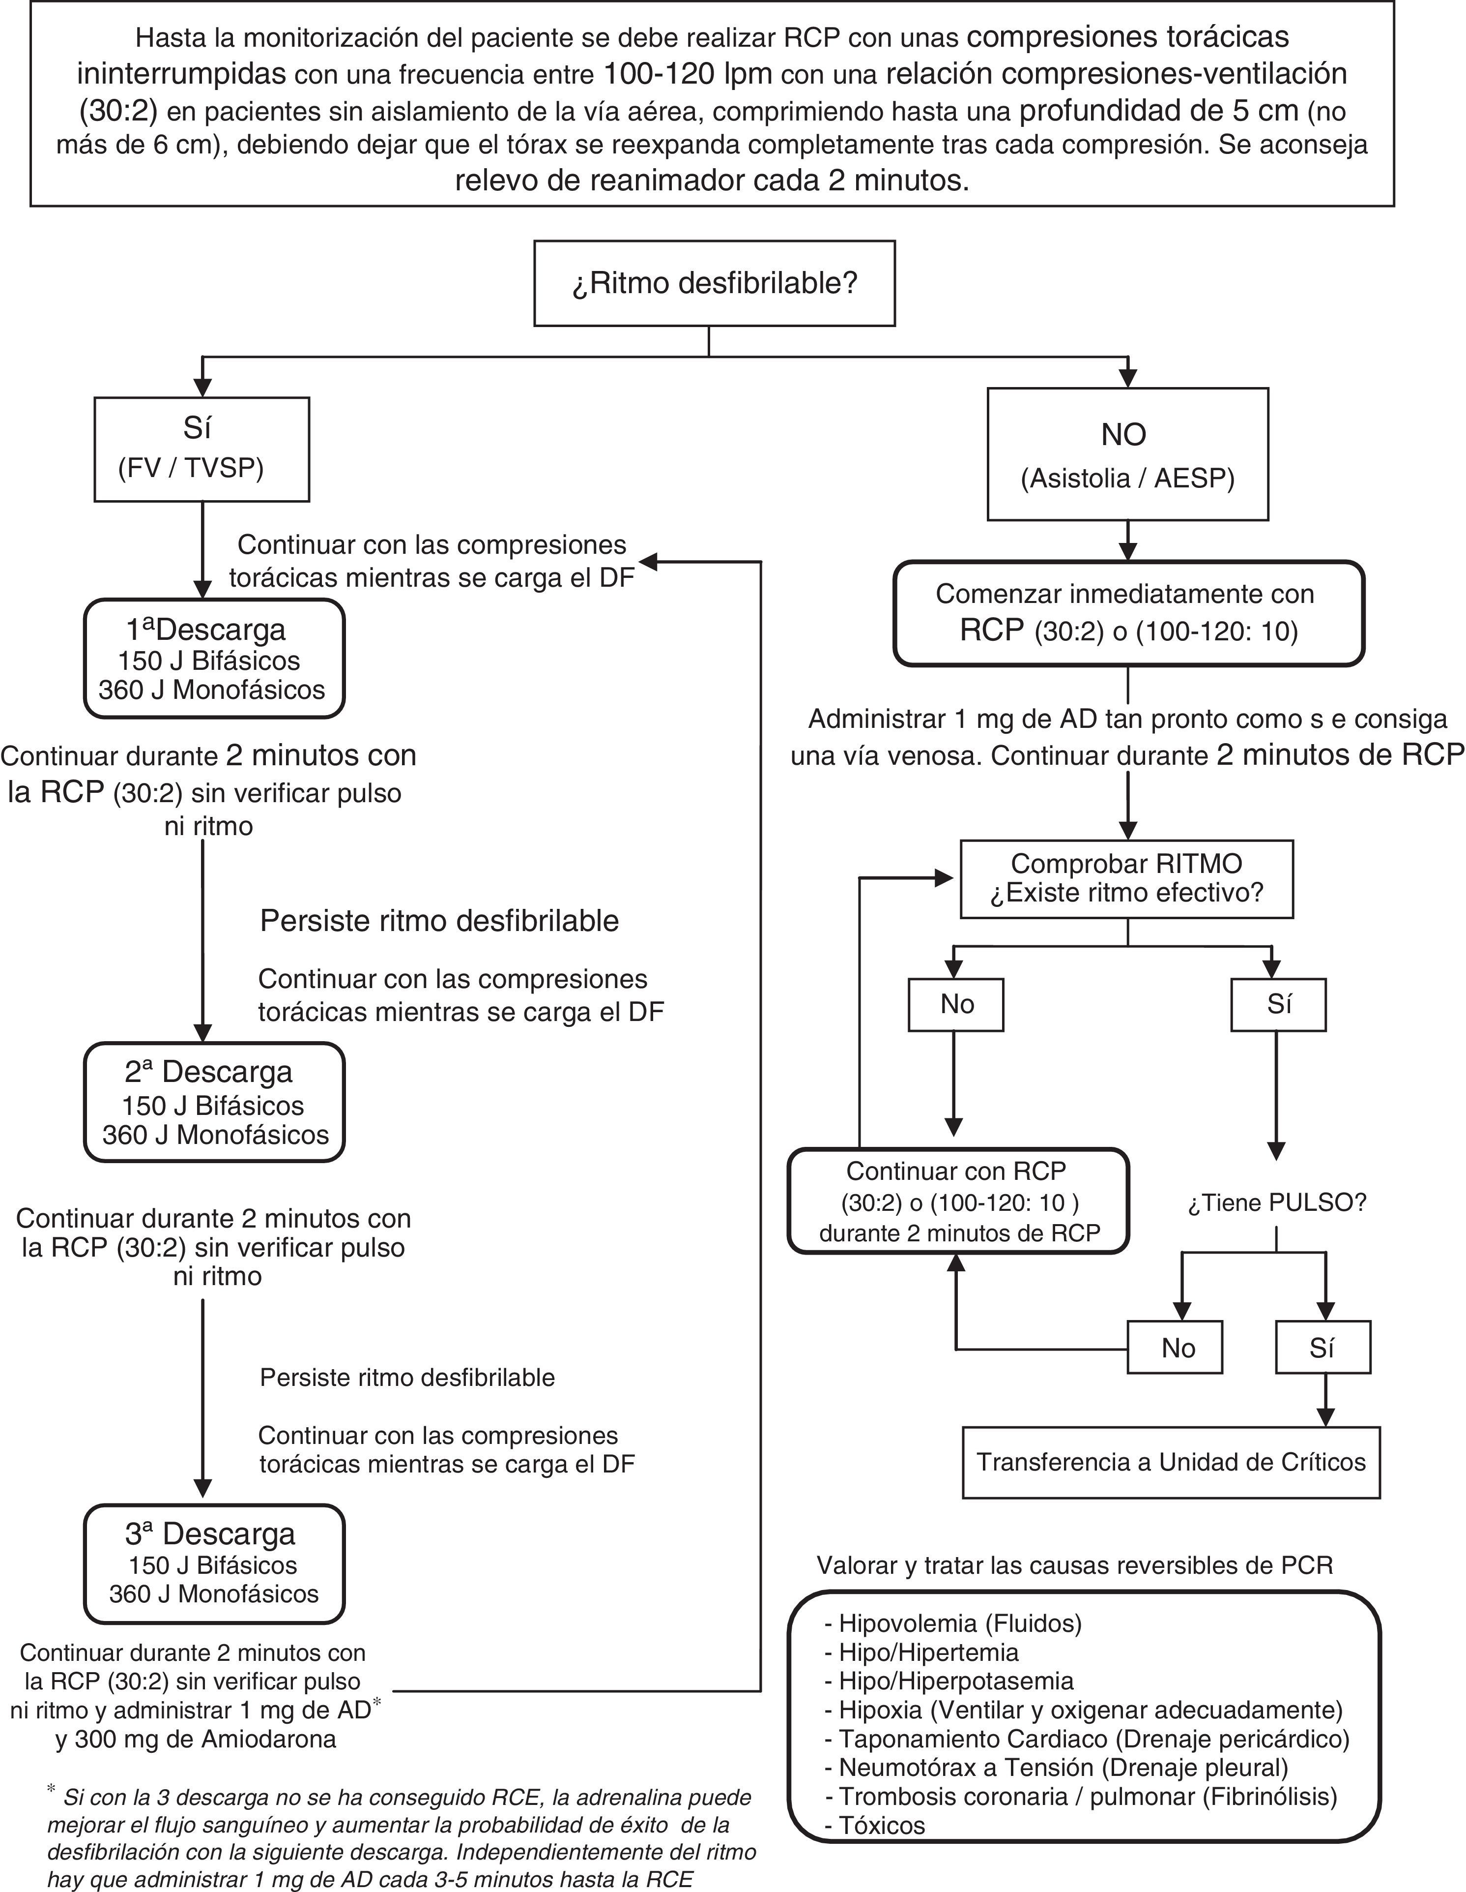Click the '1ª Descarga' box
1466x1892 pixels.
pos(214,659)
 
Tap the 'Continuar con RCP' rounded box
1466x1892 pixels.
pos(958,1201)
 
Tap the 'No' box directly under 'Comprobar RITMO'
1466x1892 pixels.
pos(956,1004)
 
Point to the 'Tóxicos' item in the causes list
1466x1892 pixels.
pos(882,1825)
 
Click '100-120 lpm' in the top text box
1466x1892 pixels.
pos(687,74)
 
